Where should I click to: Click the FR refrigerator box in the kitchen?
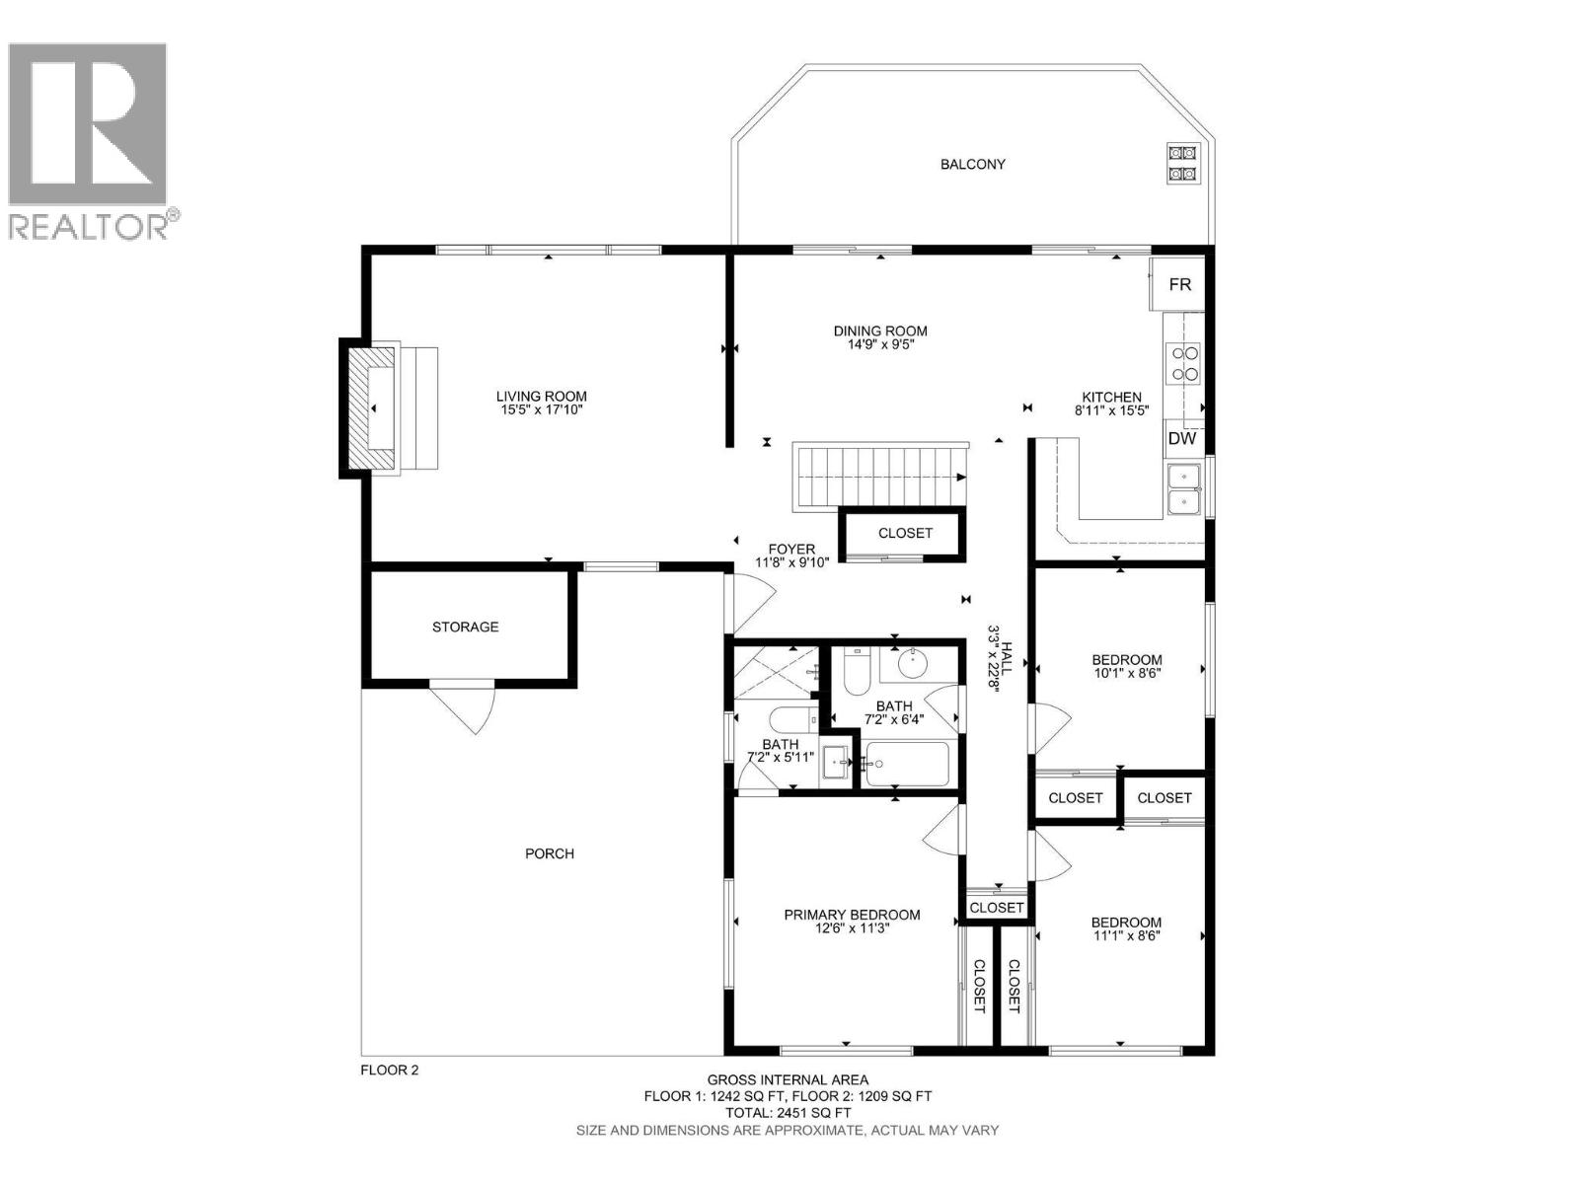(1179, 284)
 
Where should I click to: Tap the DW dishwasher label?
(1181, 439)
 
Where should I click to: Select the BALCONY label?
(972, 165)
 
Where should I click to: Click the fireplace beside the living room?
(372, 408)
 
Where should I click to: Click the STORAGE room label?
(465, 627)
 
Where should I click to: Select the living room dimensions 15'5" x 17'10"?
(542, 409)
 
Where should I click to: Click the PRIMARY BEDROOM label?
(852, 915)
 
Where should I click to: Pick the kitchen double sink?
(1182, 490)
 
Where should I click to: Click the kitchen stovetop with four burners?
(1183, 362)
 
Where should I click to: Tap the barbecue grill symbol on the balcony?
(1182, 164)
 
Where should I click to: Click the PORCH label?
(549, 853)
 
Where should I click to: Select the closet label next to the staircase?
(905, 533)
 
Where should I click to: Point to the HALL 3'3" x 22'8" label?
(1001, 658)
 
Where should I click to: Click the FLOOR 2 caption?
(389, 1070)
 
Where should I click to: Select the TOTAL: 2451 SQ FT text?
(787, 1113)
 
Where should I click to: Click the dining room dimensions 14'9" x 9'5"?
(880, 345)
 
